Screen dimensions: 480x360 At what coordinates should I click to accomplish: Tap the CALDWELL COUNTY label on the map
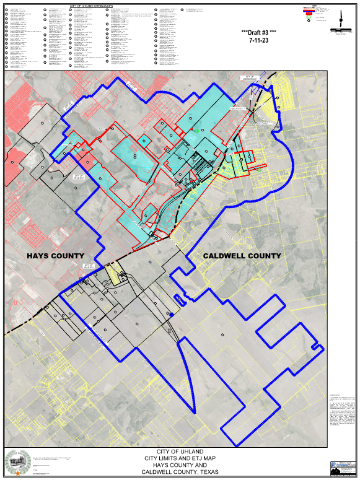(x=242, y=255)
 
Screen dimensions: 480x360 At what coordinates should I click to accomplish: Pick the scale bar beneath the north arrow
(x=340, y=30)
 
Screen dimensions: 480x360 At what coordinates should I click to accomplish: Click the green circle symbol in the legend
(x=308, y=19)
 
